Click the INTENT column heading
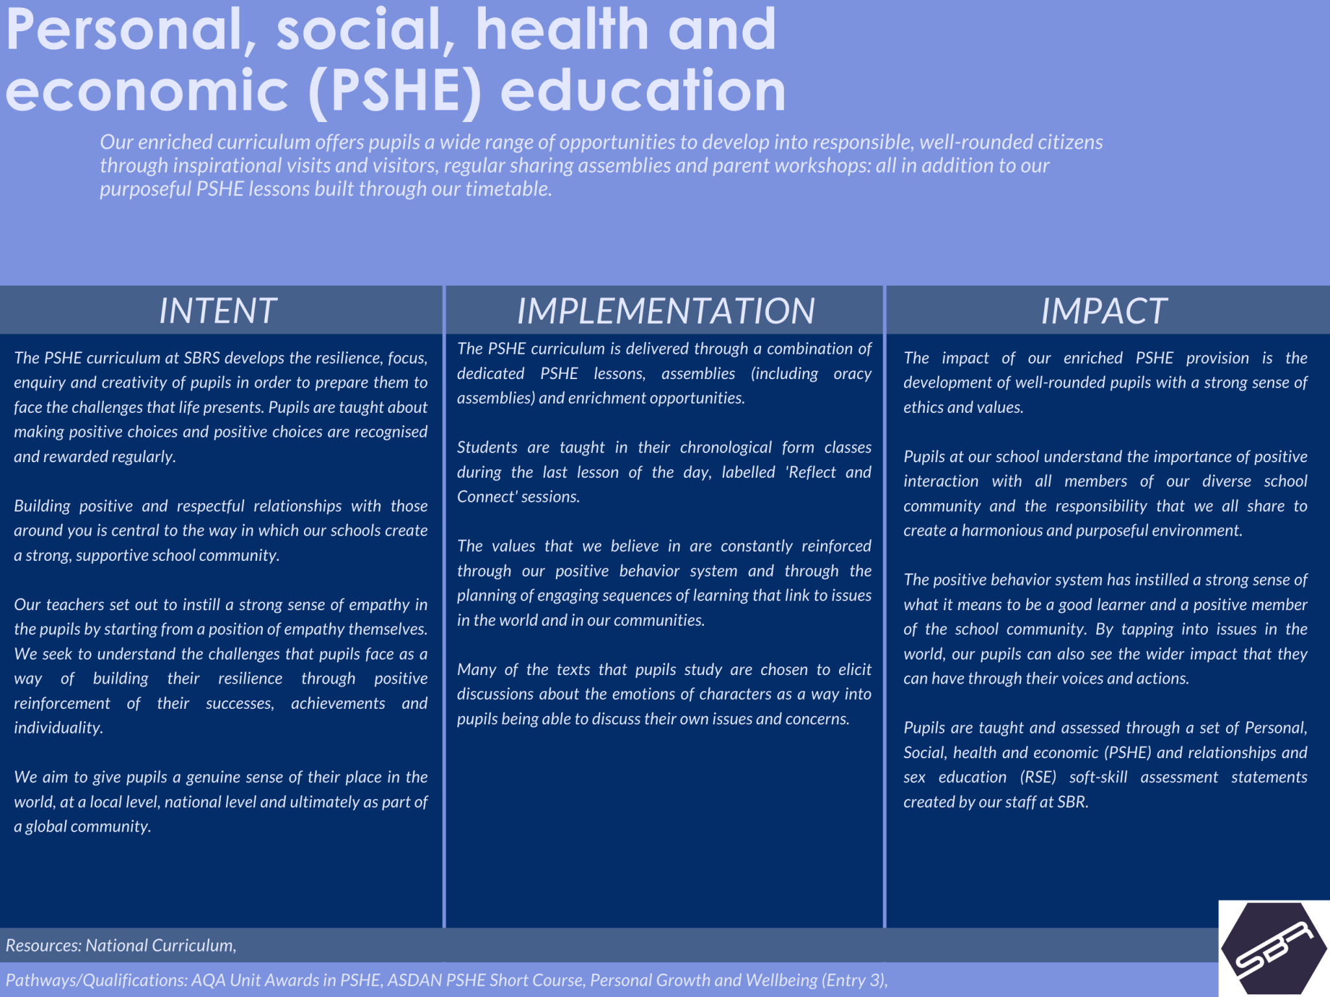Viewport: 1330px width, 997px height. (218, 311)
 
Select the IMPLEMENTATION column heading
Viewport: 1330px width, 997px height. (666, 311)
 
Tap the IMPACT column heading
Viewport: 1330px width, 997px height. (1104, 311)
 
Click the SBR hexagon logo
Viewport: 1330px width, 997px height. (1274, 948)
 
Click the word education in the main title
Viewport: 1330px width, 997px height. (643, 90)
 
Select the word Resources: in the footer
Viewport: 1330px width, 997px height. (44, 945)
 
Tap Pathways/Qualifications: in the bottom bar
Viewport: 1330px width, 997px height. (96, 980)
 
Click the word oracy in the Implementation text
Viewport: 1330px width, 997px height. (852, 374)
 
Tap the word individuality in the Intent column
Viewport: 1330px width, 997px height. (58, 728)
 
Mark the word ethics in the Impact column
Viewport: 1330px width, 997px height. (923, 407)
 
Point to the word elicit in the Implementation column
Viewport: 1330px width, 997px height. (854, 669)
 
